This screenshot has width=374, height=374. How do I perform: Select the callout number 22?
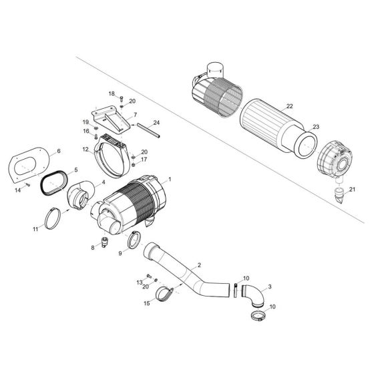pyautogui.click(x=289, y=106)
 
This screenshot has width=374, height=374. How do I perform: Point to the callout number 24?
pyautogui.click(x=156, y=122)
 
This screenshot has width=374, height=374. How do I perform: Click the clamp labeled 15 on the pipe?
pyautogui.click(x=165, y=293)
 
